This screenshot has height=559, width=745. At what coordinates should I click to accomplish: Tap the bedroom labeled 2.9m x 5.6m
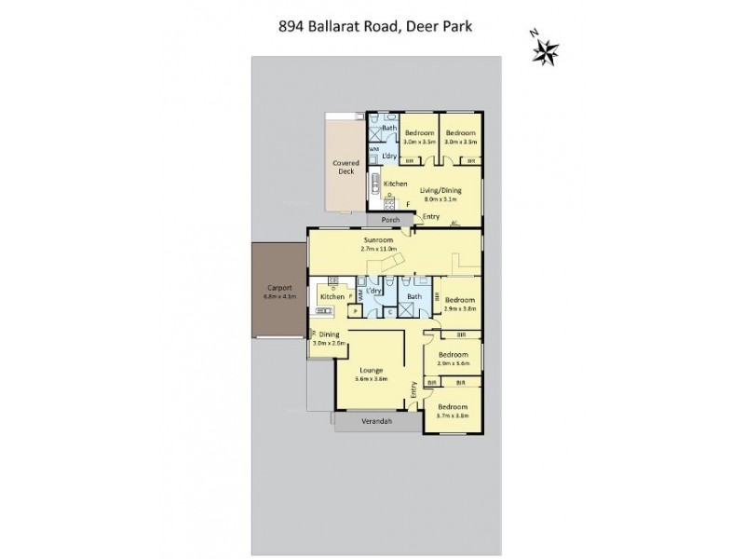(454, 359)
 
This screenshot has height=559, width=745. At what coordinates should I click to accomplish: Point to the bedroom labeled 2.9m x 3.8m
(459, 303)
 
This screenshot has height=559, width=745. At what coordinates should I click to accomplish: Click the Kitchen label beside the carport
(332, 296)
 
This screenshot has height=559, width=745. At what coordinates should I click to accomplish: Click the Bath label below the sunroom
(413, 296)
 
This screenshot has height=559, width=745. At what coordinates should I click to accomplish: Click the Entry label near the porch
(431, 217)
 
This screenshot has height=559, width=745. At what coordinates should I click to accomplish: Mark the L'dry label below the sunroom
(374, 292)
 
